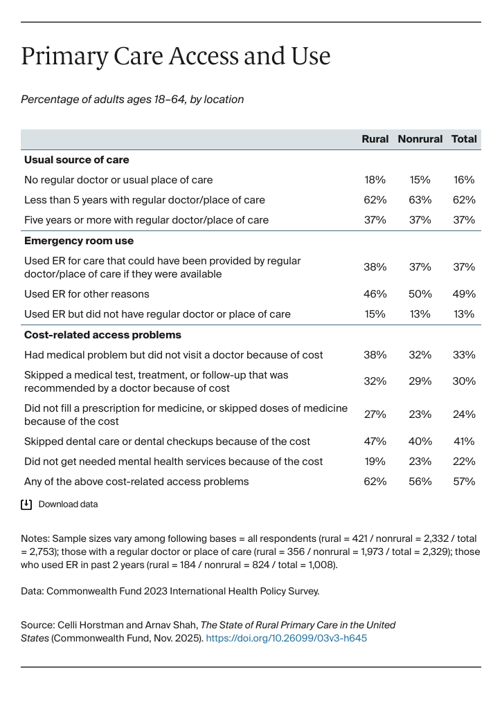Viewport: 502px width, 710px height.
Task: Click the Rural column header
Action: [x=375, y=139]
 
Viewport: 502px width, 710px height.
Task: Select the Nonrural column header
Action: [x=420, y=139]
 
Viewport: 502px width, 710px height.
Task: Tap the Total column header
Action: [x=464, y=139]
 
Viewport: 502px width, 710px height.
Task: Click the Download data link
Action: [x=68, y=504]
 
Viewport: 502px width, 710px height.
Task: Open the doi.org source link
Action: [x=286, y=638]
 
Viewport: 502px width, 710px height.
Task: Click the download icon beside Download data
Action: [x=26, y=504]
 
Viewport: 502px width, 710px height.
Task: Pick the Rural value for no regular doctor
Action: [x=375, y=180]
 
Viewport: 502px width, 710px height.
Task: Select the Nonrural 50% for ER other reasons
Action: [x=420, y=294]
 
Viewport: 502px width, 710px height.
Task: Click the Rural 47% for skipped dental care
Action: [x=375, y=442]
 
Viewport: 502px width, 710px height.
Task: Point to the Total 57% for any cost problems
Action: [x=464, y=482]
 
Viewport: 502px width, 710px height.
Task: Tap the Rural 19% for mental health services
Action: [x=375, y=462]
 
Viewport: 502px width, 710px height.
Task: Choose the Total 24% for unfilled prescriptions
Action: [x=464, y=415]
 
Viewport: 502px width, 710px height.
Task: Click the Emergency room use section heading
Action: [x=79, y=241]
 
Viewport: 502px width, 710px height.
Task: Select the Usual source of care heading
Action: [x=76, y=160]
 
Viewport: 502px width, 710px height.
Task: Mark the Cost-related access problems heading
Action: [x=102, y=335]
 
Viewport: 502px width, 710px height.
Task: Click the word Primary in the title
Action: [x=62, y=56]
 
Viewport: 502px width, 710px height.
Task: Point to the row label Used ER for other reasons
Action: [x=87, y=294]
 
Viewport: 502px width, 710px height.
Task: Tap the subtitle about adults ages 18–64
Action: [x=132, y=100]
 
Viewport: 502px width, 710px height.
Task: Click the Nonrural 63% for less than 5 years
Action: [x=420, y=200]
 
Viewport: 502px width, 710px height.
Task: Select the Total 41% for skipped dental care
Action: [x=464, y=442]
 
